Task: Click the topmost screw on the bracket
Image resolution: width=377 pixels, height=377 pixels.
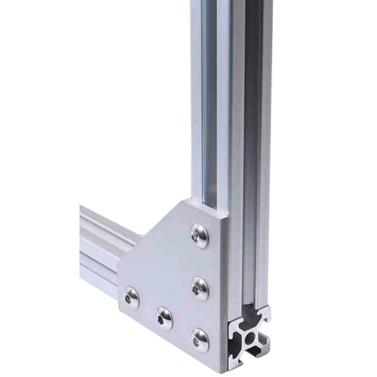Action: click(199, 236)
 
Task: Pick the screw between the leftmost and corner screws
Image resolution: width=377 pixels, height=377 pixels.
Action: click(165, 319)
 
